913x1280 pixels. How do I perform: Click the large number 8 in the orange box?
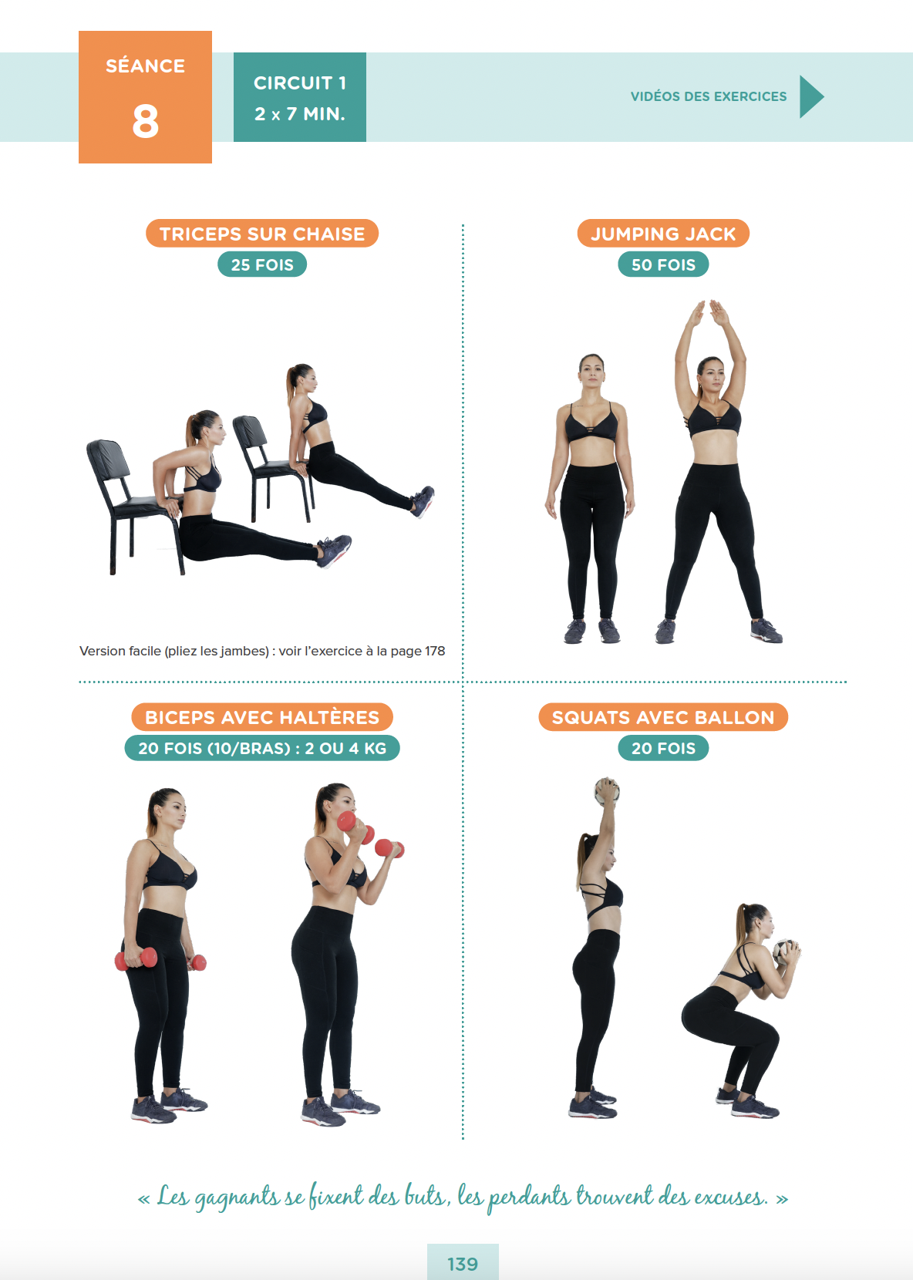145,121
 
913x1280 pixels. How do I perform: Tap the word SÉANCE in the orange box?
145,66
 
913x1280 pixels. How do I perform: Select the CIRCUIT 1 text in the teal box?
300,83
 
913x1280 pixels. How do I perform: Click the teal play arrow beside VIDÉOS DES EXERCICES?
811,96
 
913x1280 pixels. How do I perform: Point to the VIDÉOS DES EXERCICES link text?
709,96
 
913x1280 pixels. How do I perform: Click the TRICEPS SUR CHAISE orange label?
262,234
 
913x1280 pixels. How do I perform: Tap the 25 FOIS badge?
262,264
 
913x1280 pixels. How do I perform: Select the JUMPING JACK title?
663,234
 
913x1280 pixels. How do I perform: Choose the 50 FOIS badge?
663,264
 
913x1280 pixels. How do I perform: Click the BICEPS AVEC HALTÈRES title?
262,717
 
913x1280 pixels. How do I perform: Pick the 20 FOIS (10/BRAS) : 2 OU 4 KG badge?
262,748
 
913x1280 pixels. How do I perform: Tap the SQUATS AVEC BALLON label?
663,717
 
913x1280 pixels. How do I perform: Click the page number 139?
463,1264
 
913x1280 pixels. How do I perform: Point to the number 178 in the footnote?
435,651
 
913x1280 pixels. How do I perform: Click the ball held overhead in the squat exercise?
607,791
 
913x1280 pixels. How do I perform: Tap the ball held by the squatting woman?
787,952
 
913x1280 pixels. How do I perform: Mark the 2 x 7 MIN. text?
300,113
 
